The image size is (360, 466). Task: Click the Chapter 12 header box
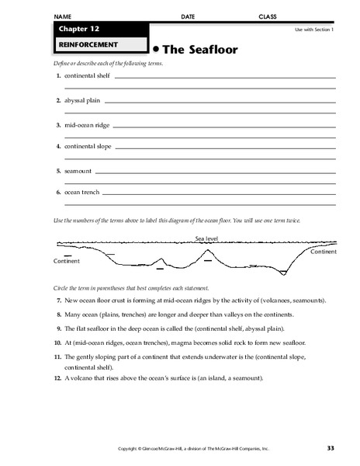point(99,29)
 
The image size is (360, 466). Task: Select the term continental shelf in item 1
point(88,76)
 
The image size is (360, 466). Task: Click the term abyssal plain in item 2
point(82,100)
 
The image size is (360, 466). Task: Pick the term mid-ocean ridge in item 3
point(85,123)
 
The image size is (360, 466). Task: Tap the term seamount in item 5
point(78,170)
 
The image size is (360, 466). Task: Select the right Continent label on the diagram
point(323,252)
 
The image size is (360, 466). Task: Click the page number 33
point(331,448)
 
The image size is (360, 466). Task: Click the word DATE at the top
point(189,16)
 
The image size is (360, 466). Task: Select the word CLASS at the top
point(268,16)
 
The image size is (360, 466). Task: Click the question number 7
point(59,300)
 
